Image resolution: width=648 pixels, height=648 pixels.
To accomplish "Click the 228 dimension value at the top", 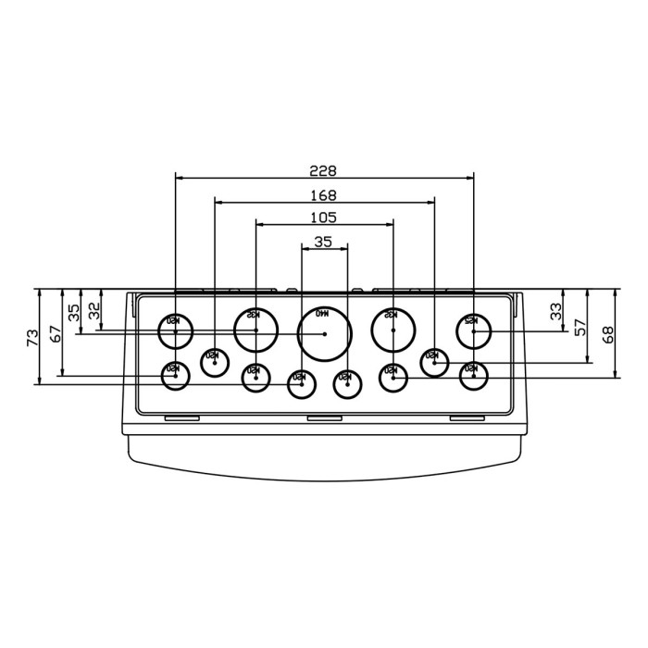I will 323,170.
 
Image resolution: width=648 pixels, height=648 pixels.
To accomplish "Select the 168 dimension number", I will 324,194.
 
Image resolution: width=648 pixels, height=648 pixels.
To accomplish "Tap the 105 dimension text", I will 324,217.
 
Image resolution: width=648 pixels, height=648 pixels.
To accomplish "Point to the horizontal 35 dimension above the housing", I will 323,241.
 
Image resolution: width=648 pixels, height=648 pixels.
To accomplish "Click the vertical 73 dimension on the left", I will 31,336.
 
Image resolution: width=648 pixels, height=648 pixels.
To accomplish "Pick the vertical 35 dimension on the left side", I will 73,312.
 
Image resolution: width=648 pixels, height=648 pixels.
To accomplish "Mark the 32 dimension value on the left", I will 93,310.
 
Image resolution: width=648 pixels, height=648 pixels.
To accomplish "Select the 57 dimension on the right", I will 580,327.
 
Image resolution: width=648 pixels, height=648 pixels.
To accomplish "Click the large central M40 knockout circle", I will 325,333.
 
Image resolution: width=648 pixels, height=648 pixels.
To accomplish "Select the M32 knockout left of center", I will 255,329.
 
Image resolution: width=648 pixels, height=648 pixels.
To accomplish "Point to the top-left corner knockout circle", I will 175,330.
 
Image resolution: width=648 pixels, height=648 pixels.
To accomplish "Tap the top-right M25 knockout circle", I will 473,330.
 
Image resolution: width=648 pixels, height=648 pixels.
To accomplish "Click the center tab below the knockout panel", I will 324,418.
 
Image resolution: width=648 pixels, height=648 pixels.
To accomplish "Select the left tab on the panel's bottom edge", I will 181,418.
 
